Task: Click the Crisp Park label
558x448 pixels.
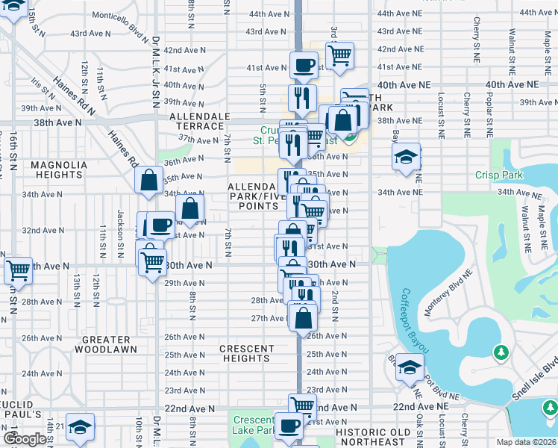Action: [499, 175]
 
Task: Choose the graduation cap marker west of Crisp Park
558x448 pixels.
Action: [406, 157]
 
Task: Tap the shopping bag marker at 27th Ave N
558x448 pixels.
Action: [303, 317]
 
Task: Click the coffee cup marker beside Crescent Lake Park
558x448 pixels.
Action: [289, 426]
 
